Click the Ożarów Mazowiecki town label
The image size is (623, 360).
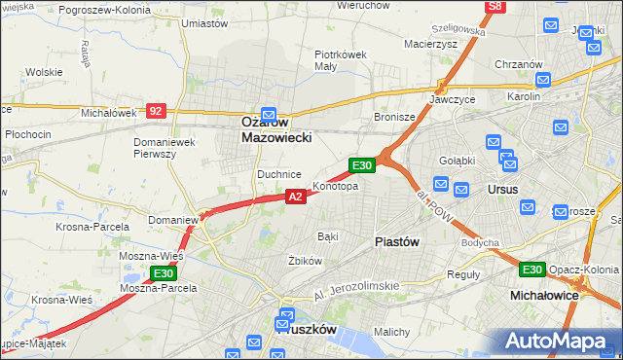275,130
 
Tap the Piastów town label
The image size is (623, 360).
397,242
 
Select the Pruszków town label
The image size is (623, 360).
306,330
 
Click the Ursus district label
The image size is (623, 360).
502,189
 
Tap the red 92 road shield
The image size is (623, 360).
156,111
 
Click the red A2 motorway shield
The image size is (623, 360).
296,197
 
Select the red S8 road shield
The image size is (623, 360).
495,6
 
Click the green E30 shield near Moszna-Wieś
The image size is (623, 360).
162,275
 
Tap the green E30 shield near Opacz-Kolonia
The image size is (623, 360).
531,270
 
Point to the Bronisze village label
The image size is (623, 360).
395,117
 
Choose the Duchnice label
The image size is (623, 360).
277,174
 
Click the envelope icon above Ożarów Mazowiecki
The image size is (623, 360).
270,113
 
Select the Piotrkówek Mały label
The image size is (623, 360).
340,61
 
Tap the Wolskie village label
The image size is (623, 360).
44,72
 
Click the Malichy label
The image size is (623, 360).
391,332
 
